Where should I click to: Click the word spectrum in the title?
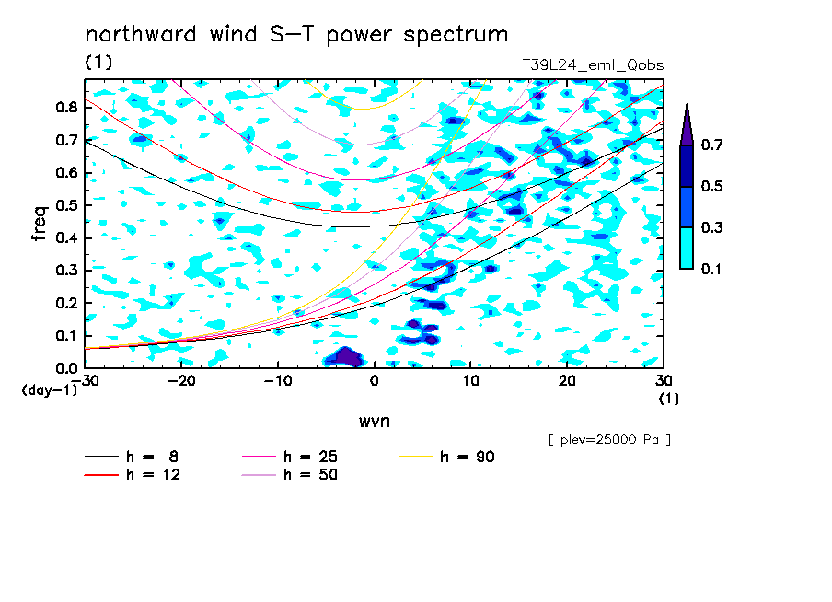(x=456, y=36)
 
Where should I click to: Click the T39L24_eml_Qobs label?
(x=593, y=65)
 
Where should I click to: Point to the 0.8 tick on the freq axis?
(x=67, y=107)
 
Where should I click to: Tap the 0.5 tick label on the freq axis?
(x=67, y=205)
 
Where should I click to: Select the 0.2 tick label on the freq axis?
(x=67, y=303)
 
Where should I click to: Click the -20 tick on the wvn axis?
(x=181, y=381)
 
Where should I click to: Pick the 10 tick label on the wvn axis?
(x=470, y=381)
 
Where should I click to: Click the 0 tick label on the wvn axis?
(x=374, y=381)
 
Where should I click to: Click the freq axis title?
(x=40, y=224)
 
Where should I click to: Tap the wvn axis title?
(x=374, y=422)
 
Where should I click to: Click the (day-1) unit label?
(x=49, y=390)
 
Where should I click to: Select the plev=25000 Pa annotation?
(x=609, y=440)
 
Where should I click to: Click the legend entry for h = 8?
(x=131, y=457)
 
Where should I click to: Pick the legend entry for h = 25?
(x=289, y=457)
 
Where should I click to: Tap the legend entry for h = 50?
(x=289, y=474)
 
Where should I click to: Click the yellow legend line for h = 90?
(x=415, y=457)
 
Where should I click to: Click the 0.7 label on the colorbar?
(x=711, y=145)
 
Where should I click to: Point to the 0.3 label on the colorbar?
(x=711, y=227)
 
